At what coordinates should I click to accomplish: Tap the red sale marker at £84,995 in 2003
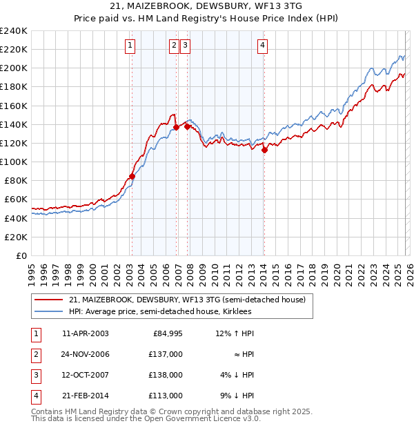tap(132, 176)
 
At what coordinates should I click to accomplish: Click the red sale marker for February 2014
tap(264, 150)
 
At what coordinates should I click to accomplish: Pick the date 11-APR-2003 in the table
tap(86, 333)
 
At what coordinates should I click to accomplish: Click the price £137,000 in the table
tap(166, 354)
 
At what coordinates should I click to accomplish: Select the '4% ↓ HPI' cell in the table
tap(237, 375)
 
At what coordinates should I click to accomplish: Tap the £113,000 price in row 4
tap(166, 396)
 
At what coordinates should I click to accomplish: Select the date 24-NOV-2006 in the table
tap(86, 354)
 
